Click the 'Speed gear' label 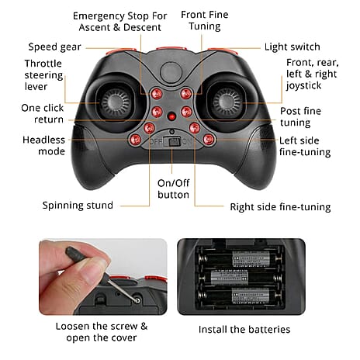(54, 47)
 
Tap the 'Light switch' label (292, 47)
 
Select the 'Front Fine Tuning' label (205, 20)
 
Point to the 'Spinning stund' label (78, 205)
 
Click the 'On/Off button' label (173, 189)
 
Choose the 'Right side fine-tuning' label (280, 207)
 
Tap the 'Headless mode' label (43, 145)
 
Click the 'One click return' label (43, 113)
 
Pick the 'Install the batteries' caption (244, 329)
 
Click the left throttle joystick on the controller (116, 102)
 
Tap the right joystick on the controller (227, 102)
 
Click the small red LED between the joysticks (171, 116)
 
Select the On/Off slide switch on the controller (172, 142)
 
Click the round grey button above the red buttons (171, 72)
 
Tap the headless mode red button (136, 140)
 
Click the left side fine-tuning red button (208, 140)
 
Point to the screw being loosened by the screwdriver (137, 300)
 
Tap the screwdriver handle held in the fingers (76, 254)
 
